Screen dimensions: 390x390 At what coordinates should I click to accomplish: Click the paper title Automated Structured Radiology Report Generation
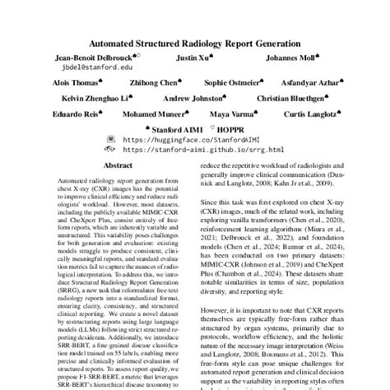click(x=195, y=43)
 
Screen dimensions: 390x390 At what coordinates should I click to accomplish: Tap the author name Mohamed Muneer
click(x=153, y=114)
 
